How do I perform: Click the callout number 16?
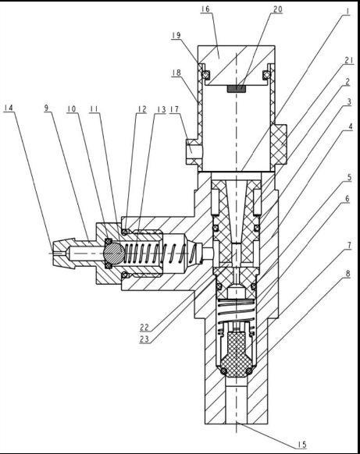[205, 9]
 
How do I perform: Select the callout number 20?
[278, 9]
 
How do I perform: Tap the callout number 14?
[9, 108]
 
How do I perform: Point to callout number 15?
[301, 445]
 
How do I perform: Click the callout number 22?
[144, 328]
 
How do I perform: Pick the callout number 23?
[144, 339]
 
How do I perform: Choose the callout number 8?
[348, 274]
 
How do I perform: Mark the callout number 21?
[349, 60]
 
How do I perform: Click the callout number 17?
[174, 109]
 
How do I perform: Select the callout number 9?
[46, 108]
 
